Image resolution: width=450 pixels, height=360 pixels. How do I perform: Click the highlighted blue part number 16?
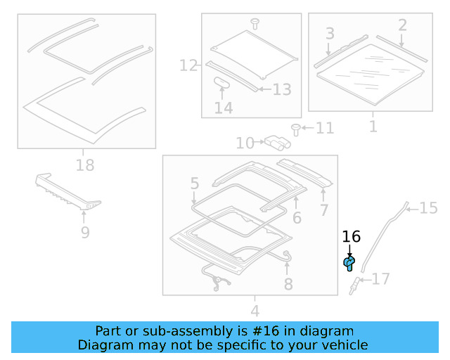(x=349, y=263)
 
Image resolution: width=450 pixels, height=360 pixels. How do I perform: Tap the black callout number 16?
(x=351, y=237)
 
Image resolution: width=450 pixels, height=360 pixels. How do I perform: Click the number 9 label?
(x=85, y=232)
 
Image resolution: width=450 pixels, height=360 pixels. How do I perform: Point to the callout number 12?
(x=188, y=66)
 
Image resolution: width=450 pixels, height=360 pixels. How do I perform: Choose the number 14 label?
(x=223, y=108)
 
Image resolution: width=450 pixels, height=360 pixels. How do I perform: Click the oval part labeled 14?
(x=222, y=82)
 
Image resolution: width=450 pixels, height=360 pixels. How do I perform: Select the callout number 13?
(x=281, y=89)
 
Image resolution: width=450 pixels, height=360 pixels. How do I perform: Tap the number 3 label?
(x=329, y=34)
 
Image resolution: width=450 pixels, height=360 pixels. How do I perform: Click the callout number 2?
(x=402, y=25)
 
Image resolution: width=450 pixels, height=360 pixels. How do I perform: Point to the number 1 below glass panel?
(x=373, y=127)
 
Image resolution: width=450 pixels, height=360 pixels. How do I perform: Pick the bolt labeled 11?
(x=296, y=129)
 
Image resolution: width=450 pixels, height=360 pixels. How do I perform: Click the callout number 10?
(x=245, y=143)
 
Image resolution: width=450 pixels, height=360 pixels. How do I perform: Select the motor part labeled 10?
(x=278, y=143)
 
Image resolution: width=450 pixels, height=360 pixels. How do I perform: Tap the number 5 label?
(x=194, y=184)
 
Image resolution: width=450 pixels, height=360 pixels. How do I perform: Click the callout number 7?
(x=323, y=210)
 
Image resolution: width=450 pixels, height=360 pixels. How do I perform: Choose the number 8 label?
(x=288, y=284)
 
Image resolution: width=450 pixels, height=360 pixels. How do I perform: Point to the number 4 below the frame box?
(x=255, y=310)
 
